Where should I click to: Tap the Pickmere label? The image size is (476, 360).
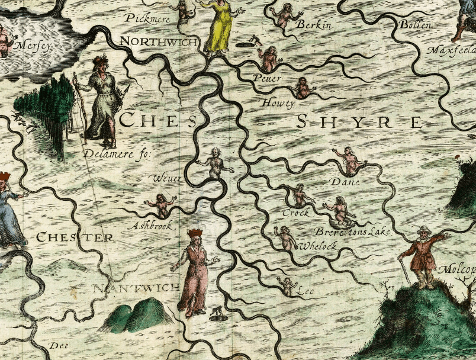(x=147, y=19)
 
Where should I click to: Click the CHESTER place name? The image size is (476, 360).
(x=74, y=237)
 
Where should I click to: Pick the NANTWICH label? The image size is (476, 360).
(x=137, y=288)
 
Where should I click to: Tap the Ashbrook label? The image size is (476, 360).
(x=153, y=225)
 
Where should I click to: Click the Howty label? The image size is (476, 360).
(x=278, y=104)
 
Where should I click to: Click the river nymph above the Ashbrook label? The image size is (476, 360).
(x=160, y=203)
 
